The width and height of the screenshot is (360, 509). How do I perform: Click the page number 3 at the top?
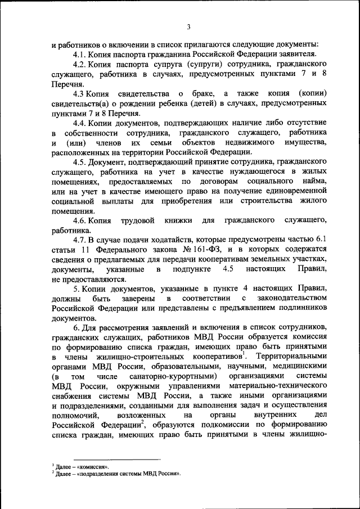(x=189, y=26)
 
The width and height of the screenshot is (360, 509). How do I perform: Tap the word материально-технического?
(x=279, y=387)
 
